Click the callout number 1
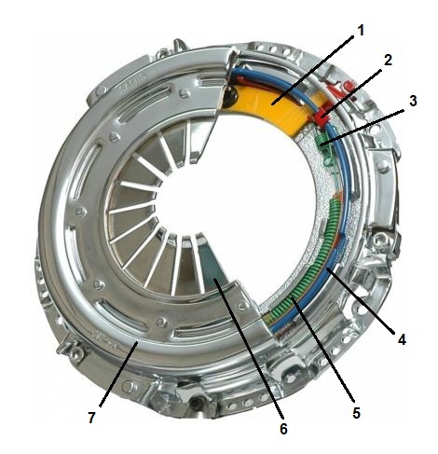360,31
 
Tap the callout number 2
388,60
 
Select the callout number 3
413,101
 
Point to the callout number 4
402,339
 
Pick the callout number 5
356,413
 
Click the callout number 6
283,429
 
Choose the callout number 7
91,418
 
